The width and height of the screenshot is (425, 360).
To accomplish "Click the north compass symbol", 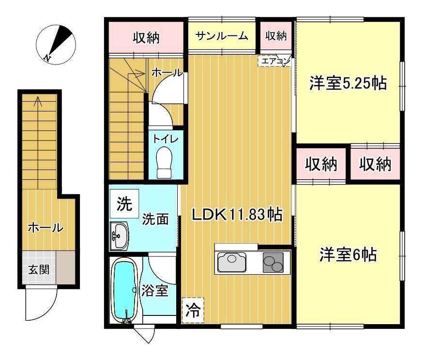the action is (56, 45).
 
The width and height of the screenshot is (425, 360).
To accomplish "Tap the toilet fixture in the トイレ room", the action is (165, 162).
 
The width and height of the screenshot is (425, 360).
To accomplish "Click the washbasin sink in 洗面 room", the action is (119, 236).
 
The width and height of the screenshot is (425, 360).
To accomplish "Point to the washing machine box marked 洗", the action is (124, 203).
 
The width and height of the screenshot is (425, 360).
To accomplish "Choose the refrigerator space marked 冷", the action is (193, 311).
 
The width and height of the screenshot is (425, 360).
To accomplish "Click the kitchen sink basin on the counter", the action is (232, 262).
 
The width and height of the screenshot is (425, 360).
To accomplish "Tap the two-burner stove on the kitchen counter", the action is (273, 262).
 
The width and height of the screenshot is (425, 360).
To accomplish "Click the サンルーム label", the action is (222, 36).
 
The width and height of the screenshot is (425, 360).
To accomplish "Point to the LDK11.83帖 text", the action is (238, 215).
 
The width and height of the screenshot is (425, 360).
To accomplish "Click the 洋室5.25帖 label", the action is (349, 83).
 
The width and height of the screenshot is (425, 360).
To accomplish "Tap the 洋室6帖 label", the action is (348, 254).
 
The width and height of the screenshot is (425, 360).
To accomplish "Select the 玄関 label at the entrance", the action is (39, 270).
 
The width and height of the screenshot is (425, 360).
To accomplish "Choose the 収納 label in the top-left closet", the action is (146, 38).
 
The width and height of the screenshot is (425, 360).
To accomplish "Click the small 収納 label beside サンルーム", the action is (276, 35).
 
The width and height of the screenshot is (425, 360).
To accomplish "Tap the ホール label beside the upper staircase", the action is (167, 72).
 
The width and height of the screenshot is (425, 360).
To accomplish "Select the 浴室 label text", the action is (155, 291).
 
